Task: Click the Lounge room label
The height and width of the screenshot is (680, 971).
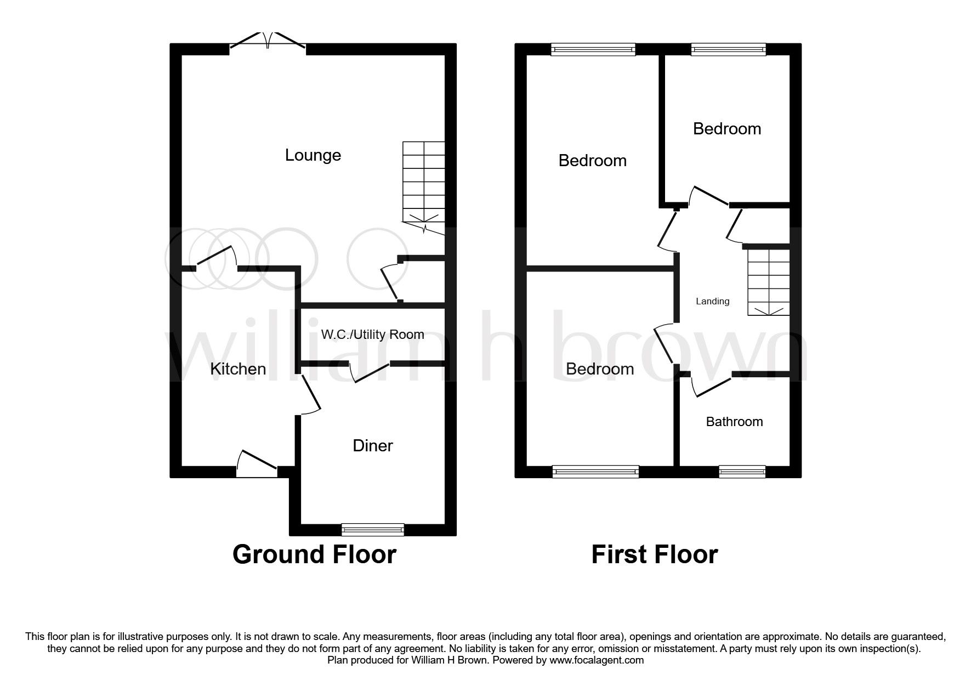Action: pyautogui.click(x=313, y=155)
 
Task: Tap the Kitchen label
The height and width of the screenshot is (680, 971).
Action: pyautogui.click(x=238, y=369)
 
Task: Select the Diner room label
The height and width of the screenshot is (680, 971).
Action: pyautogui.click(x=373, y=445)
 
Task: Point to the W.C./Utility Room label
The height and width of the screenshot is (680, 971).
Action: pyautogui.click(x=372, y=335)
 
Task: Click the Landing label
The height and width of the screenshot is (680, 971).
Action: pyautogui.click(x=712, y=301)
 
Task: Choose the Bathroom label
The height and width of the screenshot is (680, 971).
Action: pyautogui.click(x=734, y=422)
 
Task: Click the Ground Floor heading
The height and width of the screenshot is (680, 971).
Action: pyautogui.click(x=314, y=554)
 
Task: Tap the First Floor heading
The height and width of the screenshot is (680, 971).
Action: pyautogui.click(x=654, y=554)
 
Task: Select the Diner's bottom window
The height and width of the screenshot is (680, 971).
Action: pyautogui.click(x=372, y=529)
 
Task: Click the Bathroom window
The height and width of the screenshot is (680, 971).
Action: pyautogui.click(x=742, y=471)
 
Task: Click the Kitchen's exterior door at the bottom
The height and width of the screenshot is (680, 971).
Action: pyautogui.click(x=257, y=463)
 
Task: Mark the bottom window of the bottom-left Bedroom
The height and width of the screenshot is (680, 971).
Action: pyautogui.click(x=595, y=471)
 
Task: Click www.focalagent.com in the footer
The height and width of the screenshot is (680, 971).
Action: pyautogui.click(x=597, y=660)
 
